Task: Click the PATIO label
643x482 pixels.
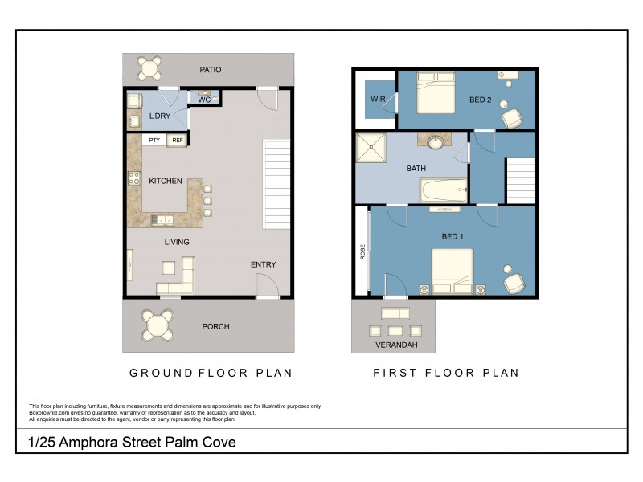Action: (210, 70)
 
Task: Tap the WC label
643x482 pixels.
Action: (204, 100)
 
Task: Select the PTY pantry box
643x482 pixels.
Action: (154, 141)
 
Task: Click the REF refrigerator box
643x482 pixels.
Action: (177, 141)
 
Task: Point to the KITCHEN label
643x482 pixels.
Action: (166, 182)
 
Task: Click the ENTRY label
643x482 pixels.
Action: (263, 264)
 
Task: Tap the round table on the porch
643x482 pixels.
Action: (157, 325)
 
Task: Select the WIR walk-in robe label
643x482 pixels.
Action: (378, 100)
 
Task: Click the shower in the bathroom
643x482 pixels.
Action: (372, 147)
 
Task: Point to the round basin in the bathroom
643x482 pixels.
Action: (435, 143)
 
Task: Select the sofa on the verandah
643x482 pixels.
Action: (394, 313)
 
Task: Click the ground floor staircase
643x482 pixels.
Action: (276, 184)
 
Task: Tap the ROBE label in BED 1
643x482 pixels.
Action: (362, 252)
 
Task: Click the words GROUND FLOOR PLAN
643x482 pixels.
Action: (211, 373)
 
